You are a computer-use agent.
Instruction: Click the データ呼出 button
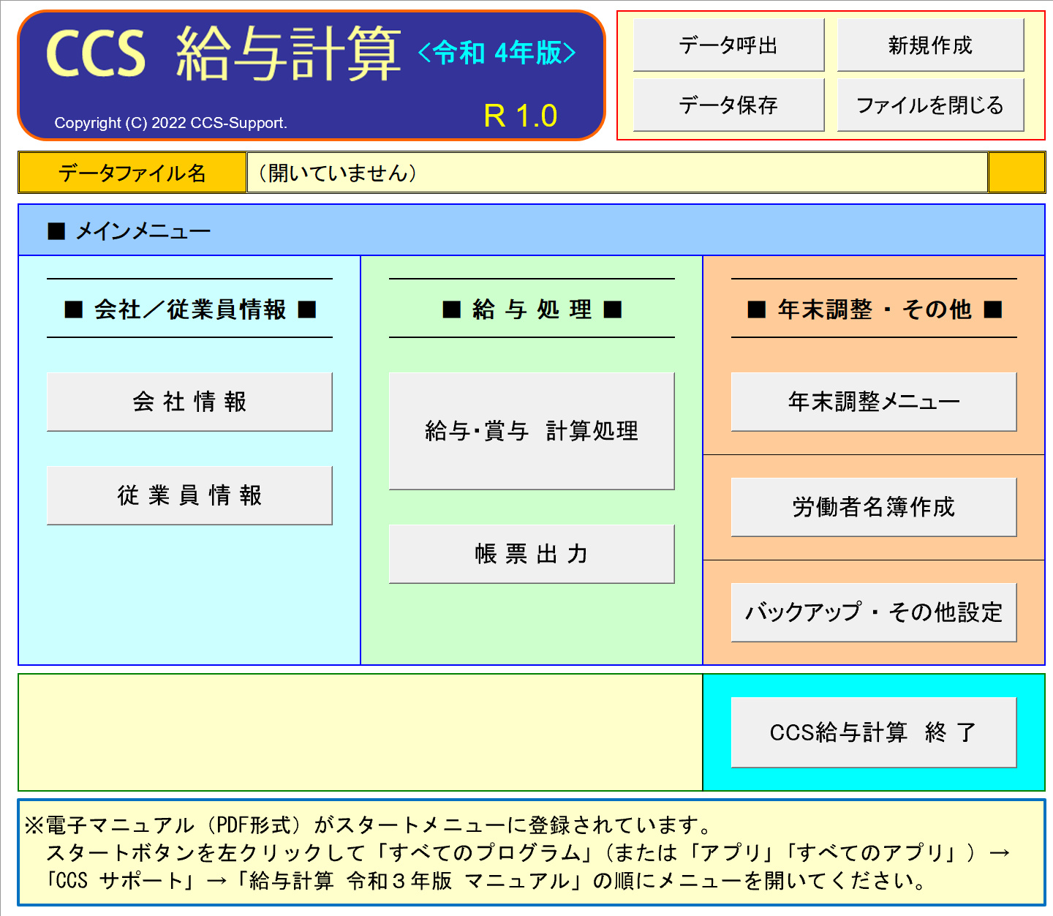tap(728, 45)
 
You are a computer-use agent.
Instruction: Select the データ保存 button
tap(728, 105)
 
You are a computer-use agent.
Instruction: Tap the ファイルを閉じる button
tap(930, 105)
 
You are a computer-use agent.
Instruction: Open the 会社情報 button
tap(189, 402)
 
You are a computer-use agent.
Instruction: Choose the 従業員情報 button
tap(189, 495)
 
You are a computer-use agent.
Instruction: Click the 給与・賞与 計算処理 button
tap(532, 431)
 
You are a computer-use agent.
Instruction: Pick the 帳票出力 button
tap(532, 554)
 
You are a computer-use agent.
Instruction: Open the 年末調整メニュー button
tap(874, 402)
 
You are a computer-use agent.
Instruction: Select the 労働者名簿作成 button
tap(874, 507)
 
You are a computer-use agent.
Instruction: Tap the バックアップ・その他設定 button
tap(874, 612)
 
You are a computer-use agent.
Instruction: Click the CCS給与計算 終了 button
tap(874, 732)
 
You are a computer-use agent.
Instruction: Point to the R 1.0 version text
tap(521, 116)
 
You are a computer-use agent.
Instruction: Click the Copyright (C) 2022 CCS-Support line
tap(171, 123)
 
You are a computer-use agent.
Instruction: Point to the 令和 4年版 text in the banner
tap(497, 53)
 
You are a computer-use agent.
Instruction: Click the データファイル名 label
tap(132, 173)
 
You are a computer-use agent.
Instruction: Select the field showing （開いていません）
tap(617, 173)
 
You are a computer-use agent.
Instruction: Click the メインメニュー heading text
tap(143, 231)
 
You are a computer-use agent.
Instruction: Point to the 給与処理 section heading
tap(532, 309)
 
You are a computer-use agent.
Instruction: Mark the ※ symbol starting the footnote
tap(34, 825)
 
